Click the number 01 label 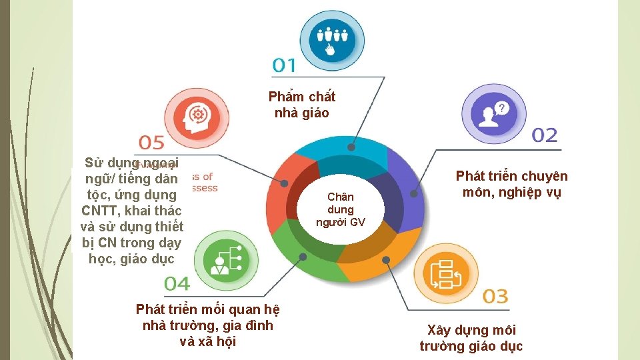point(284,65)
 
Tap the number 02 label point(544,135)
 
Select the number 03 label point(495,296)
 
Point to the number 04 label point(177,283)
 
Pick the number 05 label point(152,142)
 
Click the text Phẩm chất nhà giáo point(302,105)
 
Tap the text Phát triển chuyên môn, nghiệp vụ point(511,184)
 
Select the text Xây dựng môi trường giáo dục point(471,338)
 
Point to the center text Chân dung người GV point(340,209)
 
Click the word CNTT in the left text point(103,211)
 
